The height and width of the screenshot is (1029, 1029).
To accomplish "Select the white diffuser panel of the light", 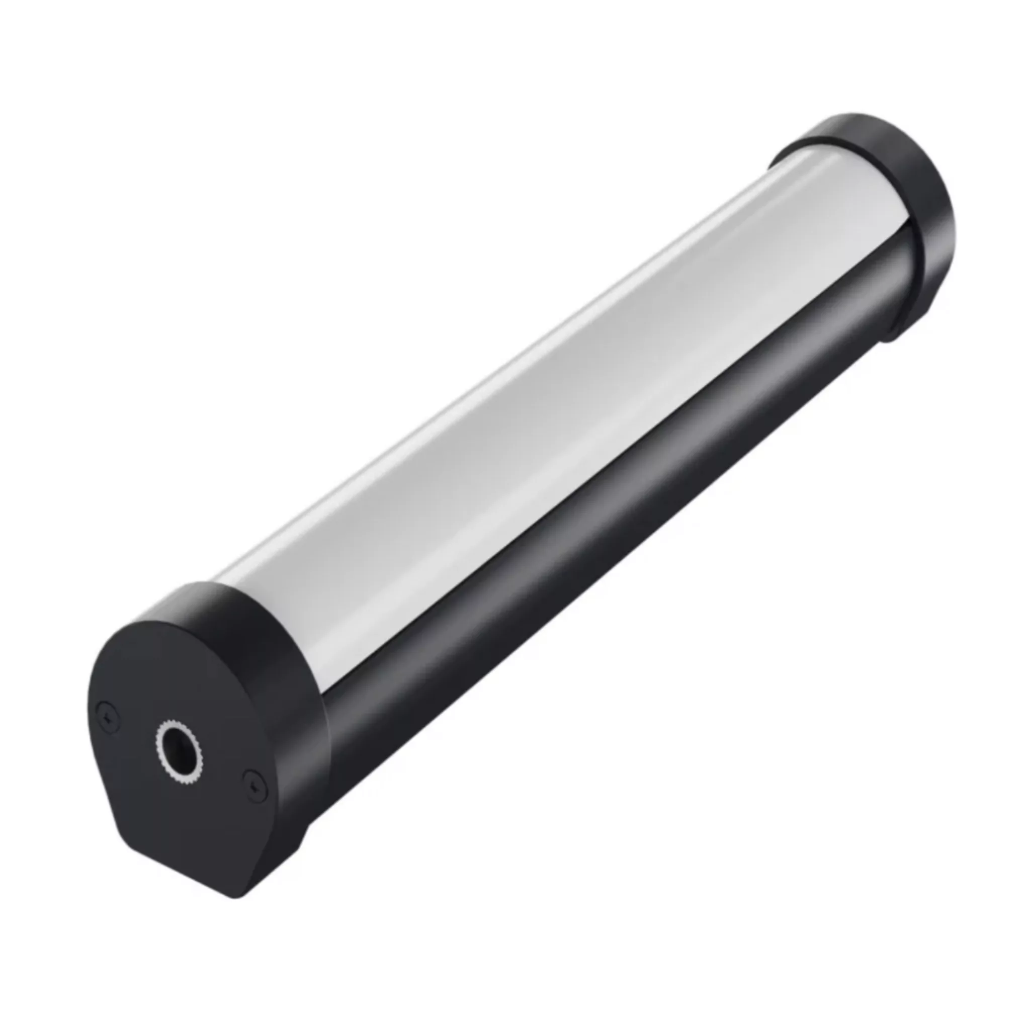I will click(x=533, y=415).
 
